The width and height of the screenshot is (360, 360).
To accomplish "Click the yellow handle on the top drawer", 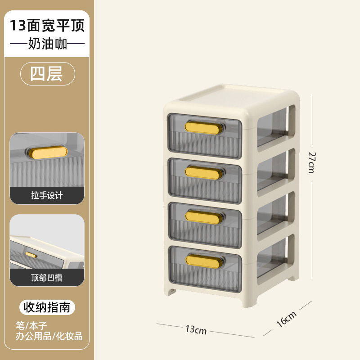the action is [x=204, y=128].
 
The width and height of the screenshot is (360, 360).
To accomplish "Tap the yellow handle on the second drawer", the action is [x=204, y=172].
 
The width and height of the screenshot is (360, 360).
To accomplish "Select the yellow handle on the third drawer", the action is [x=204, y=217].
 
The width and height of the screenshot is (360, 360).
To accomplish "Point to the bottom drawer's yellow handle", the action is [x=204, y=259].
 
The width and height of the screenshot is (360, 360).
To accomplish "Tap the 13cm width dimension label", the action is [x=196, y=330].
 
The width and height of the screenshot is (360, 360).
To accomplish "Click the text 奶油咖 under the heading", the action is [x=47, y=45].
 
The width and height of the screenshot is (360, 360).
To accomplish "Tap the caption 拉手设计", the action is [x=47, y=195].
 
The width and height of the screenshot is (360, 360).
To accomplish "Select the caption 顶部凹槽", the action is [x=47, y=278].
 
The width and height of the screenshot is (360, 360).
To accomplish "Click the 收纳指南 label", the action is [x=47, y=308].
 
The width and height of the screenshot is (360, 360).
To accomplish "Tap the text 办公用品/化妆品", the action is [x=49, y=336].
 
